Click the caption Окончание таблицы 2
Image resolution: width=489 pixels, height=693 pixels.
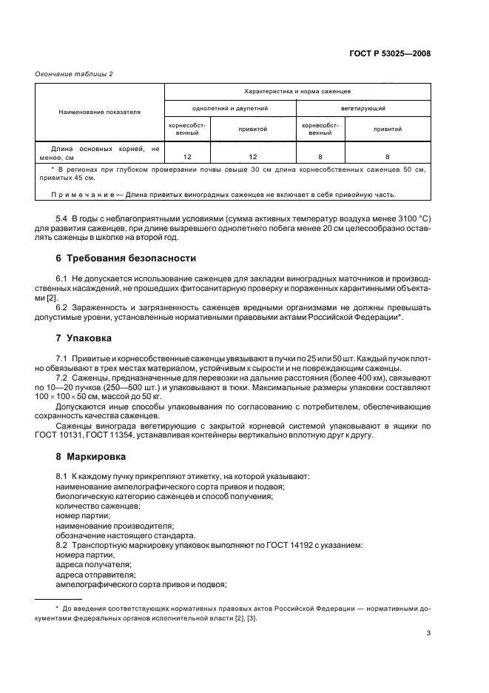(x=74, y=73)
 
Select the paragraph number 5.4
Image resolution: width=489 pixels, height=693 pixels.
(x=61, y=218)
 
